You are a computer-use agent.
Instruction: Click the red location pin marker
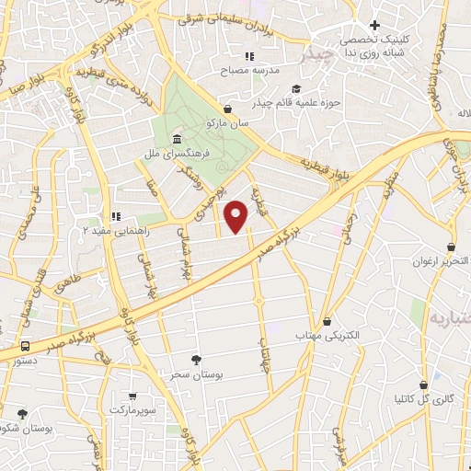(x=236, y=215)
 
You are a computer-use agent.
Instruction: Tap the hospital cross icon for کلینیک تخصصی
(x=373, y=26)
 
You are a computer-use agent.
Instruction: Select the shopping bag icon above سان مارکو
(x=227, y=108)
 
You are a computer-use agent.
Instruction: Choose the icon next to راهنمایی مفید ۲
(x=116, y=217)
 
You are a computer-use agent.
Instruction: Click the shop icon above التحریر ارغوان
(x=451, y=247)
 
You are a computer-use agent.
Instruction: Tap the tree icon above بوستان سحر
(x=195, y=360)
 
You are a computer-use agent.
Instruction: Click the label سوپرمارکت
(x=137, y=406)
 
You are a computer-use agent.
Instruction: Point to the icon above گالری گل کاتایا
(x=423, y=385)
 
